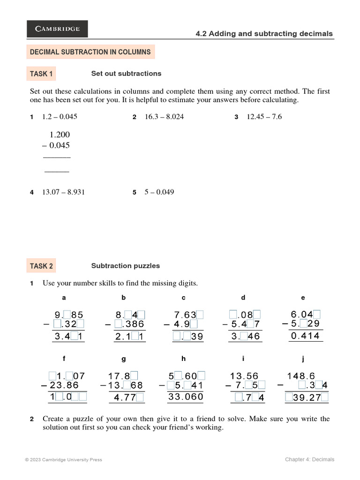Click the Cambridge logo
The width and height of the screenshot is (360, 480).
pos(57,29)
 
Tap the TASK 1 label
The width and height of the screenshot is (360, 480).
pos(41,74)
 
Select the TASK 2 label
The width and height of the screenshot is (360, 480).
pos(41,266)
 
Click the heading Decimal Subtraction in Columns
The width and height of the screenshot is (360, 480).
pos(90,52)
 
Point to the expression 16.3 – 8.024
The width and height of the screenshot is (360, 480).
pos(164,117)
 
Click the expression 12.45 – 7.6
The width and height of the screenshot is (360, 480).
pos(264,117)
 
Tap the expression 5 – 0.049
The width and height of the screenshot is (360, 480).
pos(159,192)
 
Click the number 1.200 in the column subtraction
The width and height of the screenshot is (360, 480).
pos(60,135)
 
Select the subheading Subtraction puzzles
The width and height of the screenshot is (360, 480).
pos(125,266)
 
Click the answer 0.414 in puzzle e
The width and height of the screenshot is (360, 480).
pos(305,336)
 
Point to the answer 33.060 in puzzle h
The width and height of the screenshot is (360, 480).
pos(186,397)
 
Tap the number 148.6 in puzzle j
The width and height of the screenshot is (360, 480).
pos(301,376)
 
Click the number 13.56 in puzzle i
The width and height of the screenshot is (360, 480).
pos(244,376)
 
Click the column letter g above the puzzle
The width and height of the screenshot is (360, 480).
pos(124,359)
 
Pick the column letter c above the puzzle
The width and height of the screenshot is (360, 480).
pos(184,298)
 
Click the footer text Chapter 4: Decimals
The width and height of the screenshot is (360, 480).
pos(309,459)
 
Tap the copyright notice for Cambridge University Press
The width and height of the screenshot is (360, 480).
pos(63,460)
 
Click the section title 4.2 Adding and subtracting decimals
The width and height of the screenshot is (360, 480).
pos(264,34)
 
